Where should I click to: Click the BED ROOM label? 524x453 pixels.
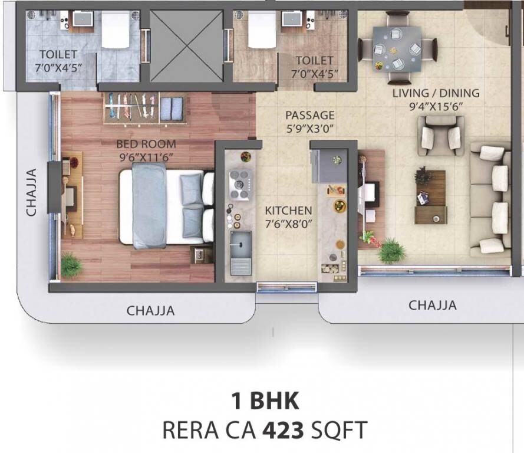tap(146, 143)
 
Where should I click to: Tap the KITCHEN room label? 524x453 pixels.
tap(288, 211)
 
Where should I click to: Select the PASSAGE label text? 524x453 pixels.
tap(309, 115)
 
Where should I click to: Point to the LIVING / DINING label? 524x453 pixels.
tap(436, 93)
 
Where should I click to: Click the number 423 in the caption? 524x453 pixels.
tap(284, 430)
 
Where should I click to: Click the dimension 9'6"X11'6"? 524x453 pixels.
tap(146, 157)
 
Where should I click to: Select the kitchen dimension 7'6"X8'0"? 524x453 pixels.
tap(288, 224)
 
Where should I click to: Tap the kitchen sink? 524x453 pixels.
tap(240, 251)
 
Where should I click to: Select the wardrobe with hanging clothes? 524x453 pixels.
tap(145, 108)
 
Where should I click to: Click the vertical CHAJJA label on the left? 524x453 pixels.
tap(32, 191)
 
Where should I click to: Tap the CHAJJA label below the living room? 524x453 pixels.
tap(433, 305)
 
